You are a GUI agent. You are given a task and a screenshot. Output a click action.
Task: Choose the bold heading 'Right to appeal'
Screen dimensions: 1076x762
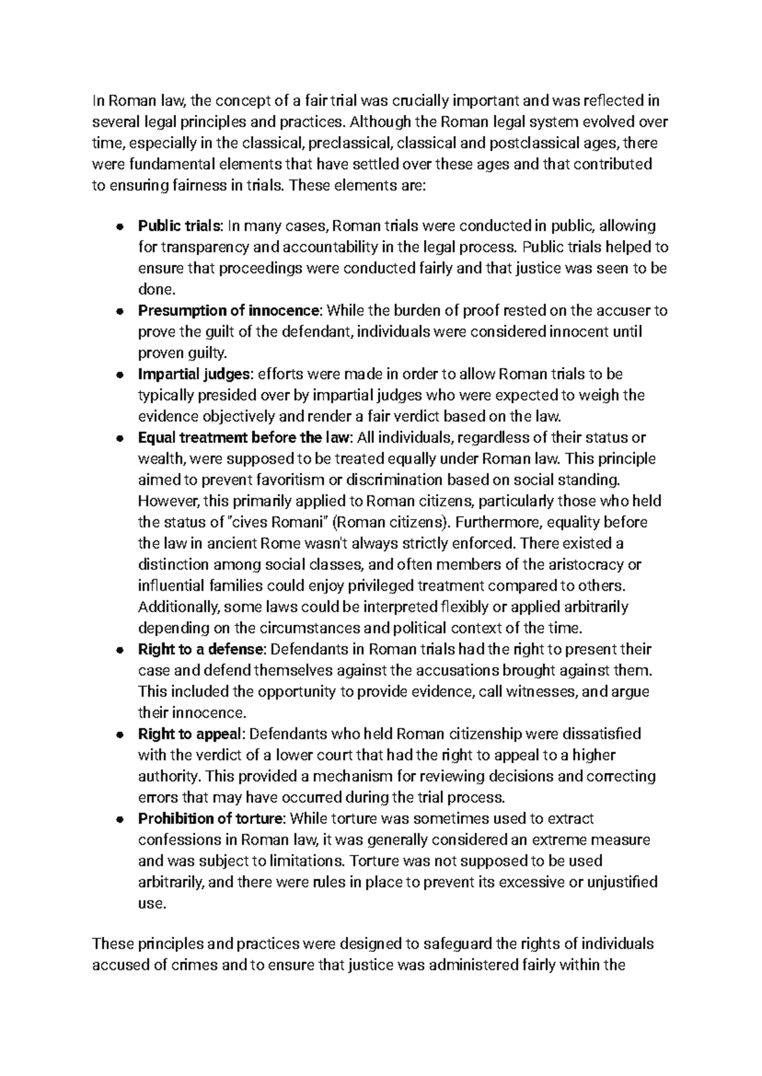pyautogui.click(x=190, y=734)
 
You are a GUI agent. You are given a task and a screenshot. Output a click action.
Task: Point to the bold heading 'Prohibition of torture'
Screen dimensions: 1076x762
pyautogui.click(x=210, y=819)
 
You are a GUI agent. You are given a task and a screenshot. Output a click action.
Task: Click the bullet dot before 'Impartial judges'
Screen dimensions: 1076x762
pyautogui.click(x=119, y=375)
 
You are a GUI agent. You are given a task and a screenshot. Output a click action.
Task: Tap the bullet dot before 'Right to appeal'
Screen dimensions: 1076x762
pyautogui.click(x=119, y=735)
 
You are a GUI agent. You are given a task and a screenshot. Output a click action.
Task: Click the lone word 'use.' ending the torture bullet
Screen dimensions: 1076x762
pyautogui.click(x=152, y=904)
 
